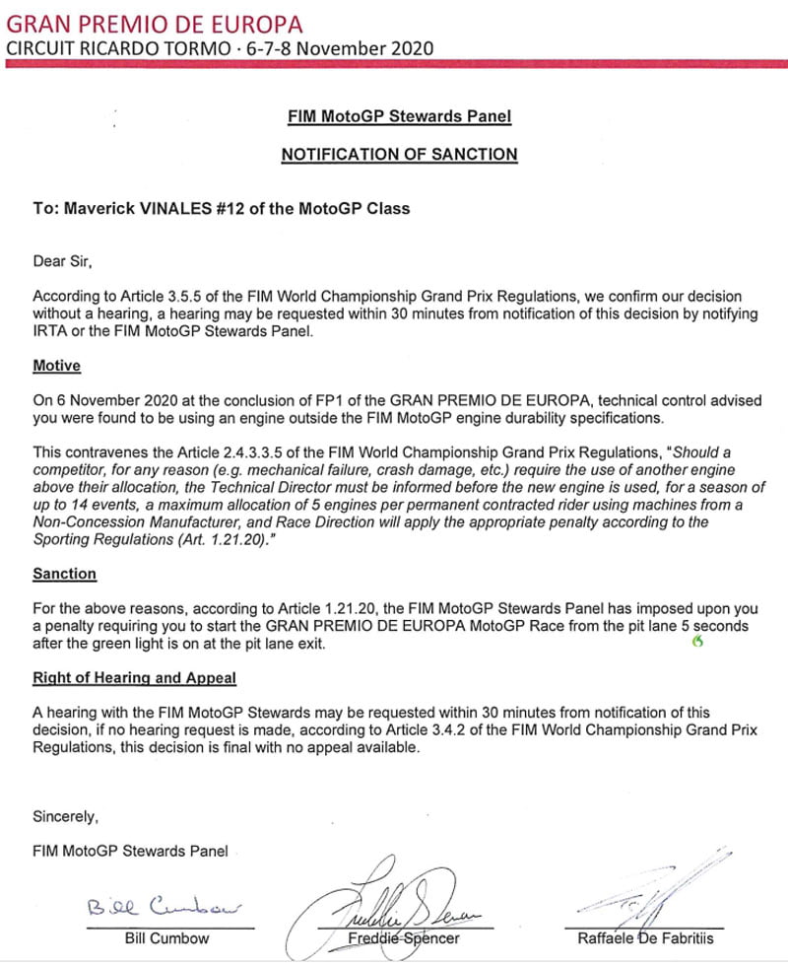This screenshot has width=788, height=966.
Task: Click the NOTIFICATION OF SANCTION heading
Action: point(399,154)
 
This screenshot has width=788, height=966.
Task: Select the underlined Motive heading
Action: point(56,366)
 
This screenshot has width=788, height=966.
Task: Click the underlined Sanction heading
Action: point(64,573)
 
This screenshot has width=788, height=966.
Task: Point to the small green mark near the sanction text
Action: point(698,644)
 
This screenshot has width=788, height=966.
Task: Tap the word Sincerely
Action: point(66,816)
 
